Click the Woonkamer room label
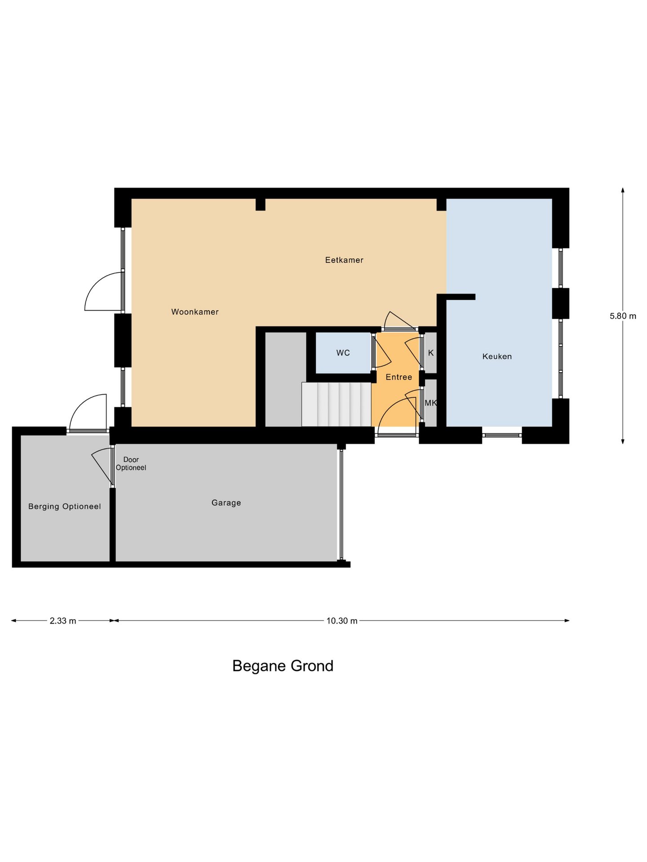[x=195, y=312]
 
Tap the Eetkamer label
[x=344, y=260]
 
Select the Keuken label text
[x=497, y=356]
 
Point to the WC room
[x=343, y=353]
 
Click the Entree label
[x=399, y=377]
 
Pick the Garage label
[x=226, y=503]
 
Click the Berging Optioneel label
[x=65, y=506]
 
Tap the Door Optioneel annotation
[x=131, y=463]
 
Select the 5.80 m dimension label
[x=623, y=316]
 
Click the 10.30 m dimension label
[x=342, y=621]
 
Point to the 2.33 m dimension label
[x=63, y=621]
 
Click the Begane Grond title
[x=283, y=666]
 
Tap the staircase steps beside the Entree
[x=336, y=404]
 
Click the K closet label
[x=431, y=353]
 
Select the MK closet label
[x=430, y=403]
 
